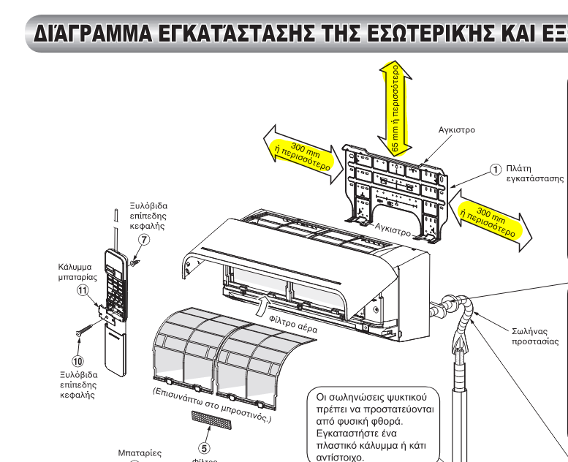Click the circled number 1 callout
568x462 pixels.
pos(496,169)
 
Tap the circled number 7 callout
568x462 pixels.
pos(145,240)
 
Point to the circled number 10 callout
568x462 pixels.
pos(77,360)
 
